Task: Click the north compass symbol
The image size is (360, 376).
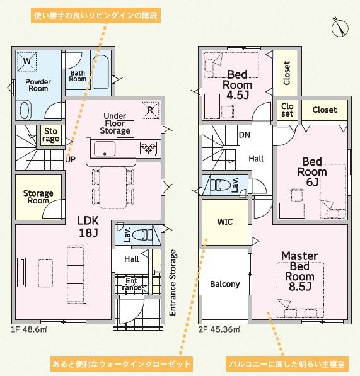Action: click(x=340, y=27)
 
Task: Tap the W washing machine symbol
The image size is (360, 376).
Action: click(x=26, y=62)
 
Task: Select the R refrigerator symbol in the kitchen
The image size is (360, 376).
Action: click(x=150, y=110)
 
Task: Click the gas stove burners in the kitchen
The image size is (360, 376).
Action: click(x=148, y=147)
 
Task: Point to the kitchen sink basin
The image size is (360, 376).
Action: click(x=105, y=149)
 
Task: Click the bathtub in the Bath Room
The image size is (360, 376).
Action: click(x=101, y=72)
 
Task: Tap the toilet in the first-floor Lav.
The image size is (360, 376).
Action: click(x=142, y=235)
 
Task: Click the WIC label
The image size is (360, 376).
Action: click(x=225, y=222)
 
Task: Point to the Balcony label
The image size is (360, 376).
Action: click(x=225, y=284)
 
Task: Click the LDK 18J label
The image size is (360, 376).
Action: click(x=88, y=226)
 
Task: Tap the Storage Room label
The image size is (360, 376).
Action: click(x=38, y=197)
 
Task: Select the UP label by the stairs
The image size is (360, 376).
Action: click(x=71, y=159)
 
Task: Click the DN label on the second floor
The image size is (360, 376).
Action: click(x=245, y=135)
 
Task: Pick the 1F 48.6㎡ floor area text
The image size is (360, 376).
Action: click(x=29, y=329)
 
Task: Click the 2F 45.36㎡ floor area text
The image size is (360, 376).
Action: click(x=219, y=329)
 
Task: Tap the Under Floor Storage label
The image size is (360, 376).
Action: click(x=115, y=123)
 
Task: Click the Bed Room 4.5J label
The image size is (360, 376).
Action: click(x=237, y=85)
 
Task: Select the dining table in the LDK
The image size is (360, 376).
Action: click(x=113, y=188)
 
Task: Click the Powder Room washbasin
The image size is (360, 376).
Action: click(x=24, y=110)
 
